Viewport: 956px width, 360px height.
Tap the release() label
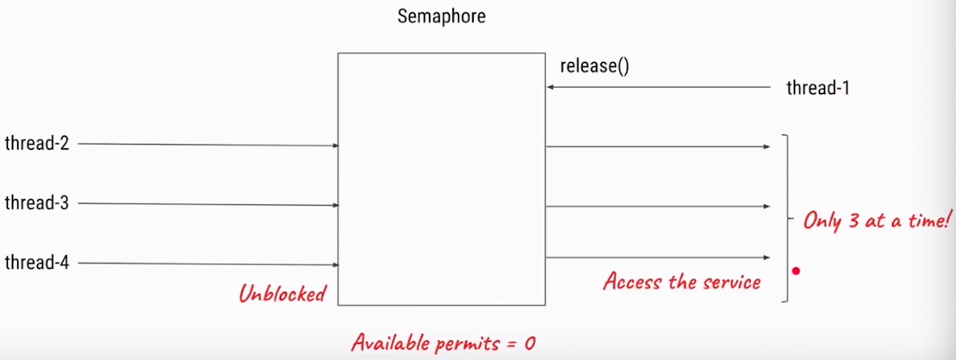(x=594, y=65)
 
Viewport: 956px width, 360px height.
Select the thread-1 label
(x=818, y=87)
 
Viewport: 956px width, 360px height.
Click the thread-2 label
(x=36, y=143)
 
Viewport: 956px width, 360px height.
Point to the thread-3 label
(x=36, y=203)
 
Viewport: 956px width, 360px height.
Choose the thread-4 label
(x=36, y=262)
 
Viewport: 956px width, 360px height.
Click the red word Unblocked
(x=282, y=294)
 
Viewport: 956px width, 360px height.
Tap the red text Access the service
(x=681, y=281)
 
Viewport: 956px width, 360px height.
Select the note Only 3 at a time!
(x=875, y=220)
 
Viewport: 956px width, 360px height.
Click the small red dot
(x=796, y=271)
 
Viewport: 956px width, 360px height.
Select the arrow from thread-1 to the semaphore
(x=659, y=87)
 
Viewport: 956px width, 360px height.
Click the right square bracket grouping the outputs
(x=786, y=218)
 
